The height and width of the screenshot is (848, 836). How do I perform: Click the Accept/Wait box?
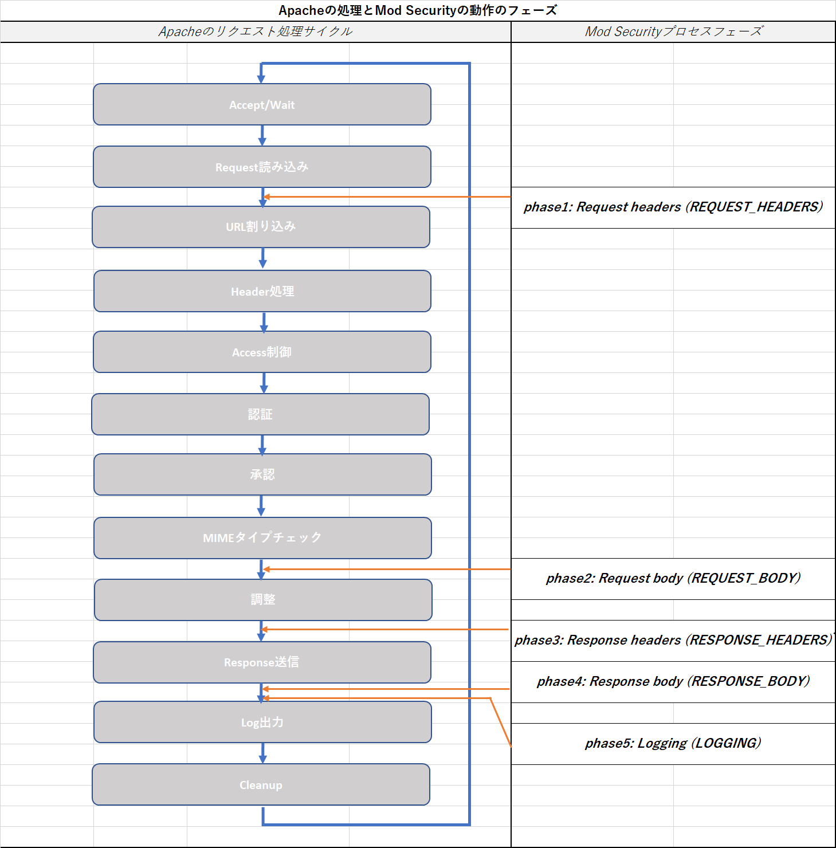pos(262,105)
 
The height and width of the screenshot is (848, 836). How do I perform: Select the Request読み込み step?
pos(262,167)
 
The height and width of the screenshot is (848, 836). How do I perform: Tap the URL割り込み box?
pos(261,227)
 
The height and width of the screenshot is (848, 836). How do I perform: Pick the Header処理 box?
pos(262,291)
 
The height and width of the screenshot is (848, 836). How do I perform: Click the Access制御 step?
pos(262,352)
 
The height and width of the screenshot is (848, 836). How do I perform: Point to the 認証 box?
pos(260,414)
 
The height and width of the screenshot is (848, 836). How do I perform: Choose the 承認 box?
pos(262,474)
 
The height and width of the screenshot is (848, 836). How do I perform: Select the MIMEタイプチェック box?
pos(262,538)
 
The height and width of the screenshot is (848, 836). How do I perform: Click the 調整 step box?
pos(263,600)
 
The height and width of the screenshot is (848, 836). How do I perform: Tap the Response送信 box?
pos(262,662)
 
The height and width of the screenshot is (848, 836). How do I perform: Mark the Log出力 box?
pos(262,722)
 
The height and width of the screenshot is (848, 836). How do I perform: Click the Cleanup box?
pos(261,784)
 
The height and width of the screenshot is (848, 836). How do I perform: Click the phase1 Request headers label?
pos(673,207)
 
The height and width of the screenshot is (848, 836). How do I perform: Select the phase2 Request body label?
pos(673,578)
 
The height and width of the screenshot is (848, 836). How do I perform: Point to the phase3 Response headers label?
pos(673,640)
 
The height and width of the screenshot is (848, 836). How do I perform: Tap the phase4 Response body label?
pos(673,681)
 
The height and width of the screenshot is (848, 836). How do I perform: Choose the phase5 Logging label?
pos(673,743)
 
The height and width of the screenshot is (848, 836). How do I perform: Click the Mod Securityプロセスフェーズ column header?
pos(673,32)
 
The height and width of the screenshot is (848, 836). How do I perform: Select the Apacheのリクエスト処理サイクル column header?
pos(256,32)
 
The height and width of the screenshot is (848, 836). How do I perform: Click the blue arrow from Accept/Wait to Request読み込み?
pos(262,136)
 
